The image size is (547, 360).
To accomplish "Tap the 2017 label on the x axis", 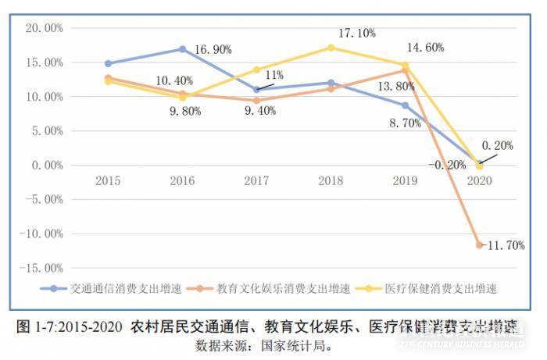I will click(256, 180).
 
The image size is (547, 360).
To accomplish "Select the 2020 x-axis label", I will click(479, 180).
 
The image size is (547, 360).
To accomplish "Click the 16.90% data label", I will click(212, 50).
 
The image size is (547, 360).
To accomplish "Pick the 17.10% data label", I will click(356, 33).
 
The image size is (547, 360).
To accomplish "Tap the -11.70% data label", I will click(505, 245).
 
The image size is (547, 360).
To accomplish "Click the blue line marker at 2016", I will click(182, 49).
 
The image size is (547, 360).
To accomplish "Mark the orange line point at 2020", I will click(479, 245).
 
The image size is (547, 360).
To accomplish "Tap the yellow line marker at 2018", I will click(331, 48).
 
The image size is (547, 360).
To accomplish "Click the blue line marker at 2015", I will click(108, 63).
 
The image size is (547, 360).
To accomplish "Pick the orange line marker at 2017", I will click(256, 101).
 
